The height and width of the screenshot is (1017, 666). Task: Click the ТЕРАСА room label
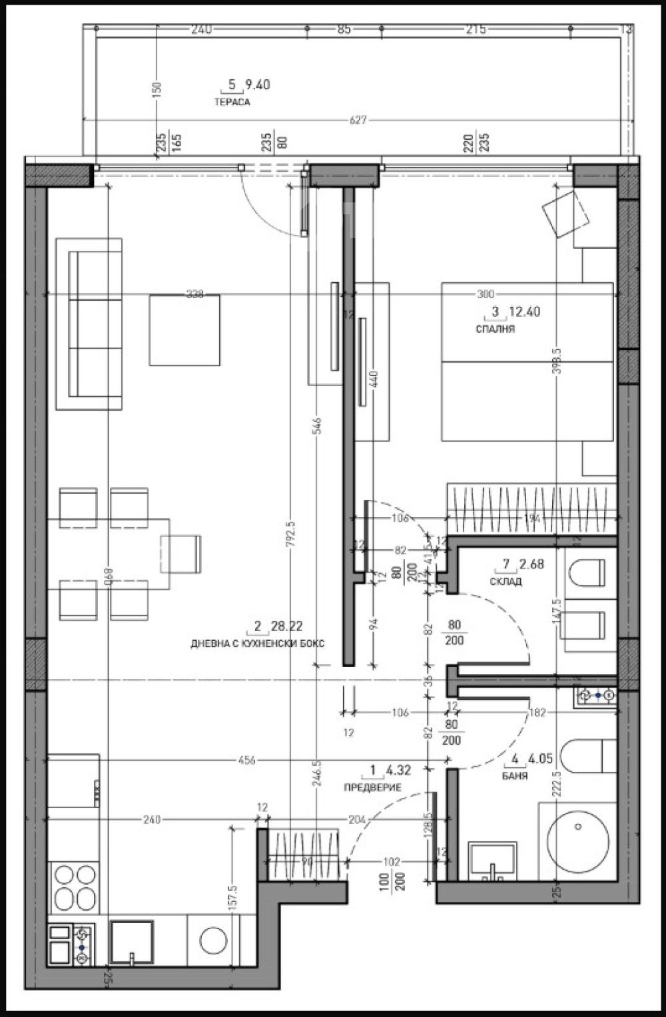coord(231,102)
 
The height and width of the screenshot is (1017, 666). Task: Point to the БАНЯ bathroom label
coord(515,776)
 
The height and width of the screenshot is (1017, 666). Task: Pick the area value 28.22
coord(287,626)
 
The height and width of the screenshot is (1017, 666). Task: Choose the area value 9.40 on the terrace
coord(257,85)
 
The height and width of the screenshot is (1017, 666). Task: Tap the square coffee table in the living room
coord(184,330)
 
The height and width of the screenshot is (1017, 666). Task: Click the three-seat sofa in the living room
coord(89,324)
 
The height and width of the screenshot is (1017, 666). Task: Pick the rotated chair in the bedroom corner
coord(566,212)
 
